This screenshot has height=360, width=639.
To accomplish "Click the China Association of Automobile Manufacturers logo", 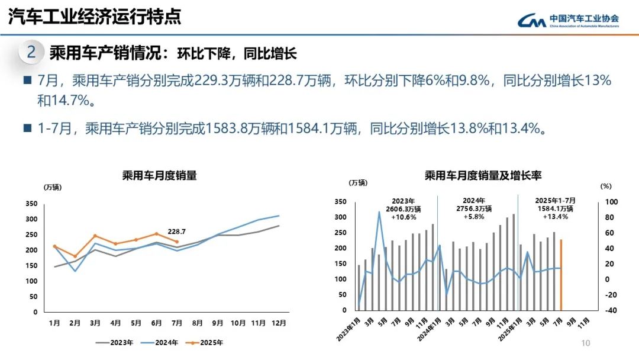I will point(568,21).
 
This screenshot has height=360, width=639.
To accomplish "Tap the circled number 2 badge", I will point(31,53).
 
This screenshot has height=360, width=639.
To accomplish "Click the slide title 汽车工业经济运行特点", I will point(95,17).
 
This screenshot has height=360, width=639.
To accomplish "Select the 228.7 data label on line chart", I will point(176,232).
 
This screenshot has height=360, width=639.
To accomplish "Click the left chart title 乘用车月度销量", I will point(159,175).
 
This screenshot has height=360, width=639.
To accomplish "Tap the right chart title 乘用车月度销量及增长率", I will point(483,175).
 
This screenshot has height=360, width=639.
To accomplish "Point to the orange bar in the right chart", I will point(561,275).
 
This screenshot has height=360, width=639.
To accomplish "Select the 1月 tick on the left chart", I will point(54,323).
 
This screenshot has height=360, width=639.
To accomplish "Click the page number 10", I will point(586,343).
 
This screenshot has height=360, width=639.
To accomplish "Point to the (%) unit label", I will point(605,186).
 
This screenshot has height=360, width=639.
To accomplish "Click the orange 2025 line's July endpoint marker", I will point(176,242).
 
